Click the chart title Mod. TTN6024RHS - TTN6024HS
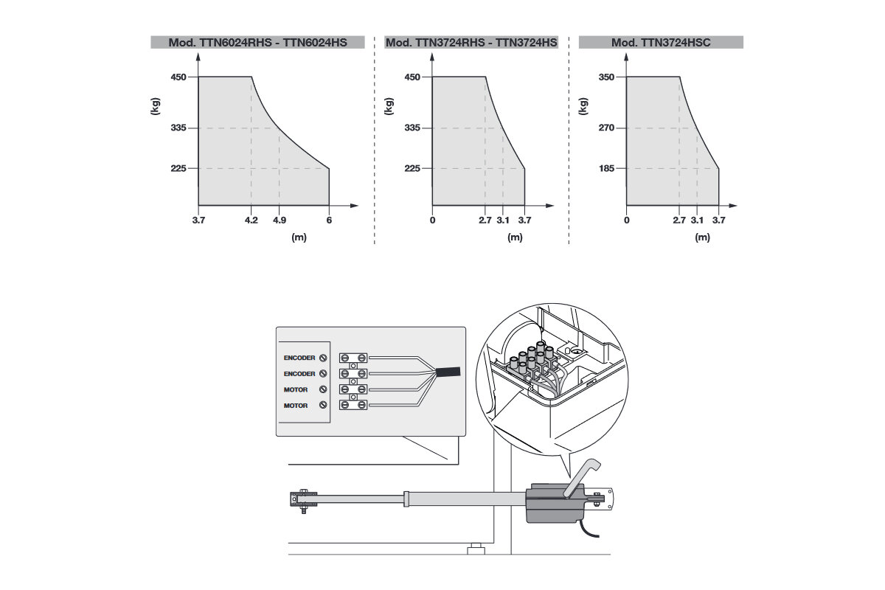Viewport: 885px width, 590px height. pos(257,42)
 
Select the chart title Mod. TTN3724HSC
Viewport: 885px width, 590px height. pos(661,42)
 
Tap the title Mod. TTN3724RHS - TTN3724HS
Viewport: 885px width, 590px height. pos(471,42)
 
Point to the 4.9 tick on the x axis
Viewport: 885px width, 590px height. pos(280,220)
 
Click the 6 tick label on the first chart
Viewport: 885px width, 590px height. pos(329,220)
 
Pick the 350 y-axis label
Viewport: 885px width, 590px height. pos(606,77)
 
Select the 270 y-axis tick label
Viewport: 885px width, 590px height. pos(606,128)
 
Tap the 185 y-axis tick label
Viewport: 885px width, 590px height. pos(606,168)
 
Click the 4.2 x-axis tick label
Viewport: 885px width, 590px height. pos(251,220)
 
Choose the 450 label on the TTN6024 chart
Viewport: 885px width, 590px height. pos(178,77)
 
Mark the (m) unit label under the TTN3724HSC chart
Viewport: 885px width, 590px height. pos(702,237)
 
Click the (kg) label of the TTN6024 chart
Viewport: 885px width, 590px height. pos(156,106)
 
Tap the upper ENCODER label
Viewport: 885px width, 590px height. pos(299,358)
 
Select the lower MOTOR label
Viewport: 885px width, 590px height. pos(296,406)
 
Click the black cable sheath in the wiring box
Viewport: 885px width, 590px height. pos(448,372)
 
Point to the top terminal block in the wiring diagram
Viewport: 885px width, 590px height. pos(353,358)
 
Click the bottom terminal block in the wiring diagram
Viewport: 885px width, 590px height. pos(353,405)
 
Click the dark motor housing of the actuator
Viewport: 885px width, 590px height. pos(555,503)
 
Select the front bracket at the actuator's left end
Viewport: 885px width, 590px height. pos(303,501)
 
